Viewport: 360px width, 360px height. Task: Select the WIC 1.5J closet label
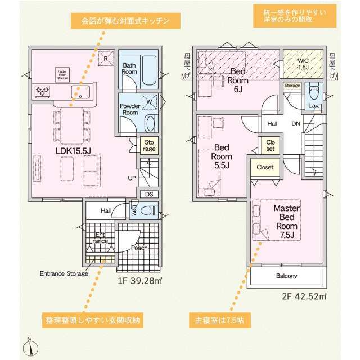(303, 64)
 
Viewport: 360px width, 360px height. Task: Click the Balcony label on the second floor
(286, 276)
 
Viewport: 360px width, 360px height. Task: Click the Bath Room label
(130, 69)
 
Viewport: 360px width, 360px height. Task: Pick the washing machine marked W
(149, 101)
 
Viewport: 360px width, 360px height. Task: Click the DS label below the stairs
(148, 194)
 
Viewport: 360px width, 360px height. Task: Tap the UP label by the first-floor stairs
(133, 178)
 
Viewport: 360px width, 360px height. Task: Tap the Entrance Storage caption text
(64, 274)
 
